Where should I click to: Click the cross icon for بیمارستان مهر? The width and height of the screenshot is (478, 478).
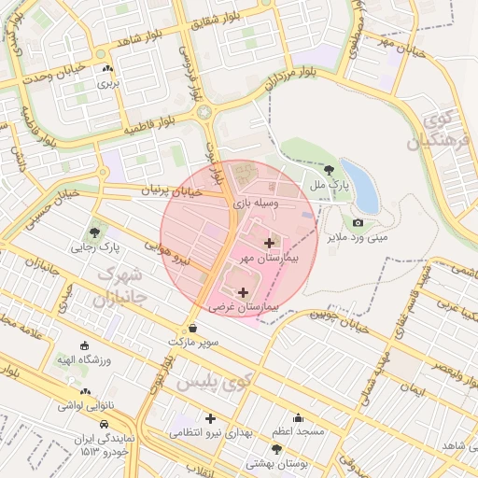(x=269, y=243)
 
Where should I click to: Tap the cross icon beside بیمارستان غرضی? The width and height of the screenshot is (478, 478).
(x=245, y=292)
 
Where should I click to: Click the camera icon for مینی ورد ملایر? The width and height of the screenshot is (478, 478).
(x=358, y=222)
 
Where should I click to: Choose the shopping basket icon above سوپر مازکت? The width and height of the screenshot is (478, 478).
(x=193, y=328)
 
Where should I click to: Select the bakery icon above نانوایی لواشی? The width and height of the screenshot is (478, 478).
(x=86, y=392)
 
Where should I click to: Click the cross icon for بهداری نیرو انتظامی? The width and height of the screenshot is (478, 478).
(x=210, y=418)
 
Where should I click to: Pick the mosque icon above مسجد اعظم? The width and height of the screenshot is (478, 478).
(x=298, y=417)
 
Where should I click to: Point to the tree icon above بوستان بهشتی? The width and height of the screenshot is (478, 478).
(x=276, y=449)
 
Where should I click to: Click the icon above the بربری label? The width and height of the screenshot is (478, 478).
(x=109, y=68)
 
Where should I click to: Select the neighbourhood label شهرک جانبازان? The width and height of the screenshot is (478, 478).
(x=119, y=288)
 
